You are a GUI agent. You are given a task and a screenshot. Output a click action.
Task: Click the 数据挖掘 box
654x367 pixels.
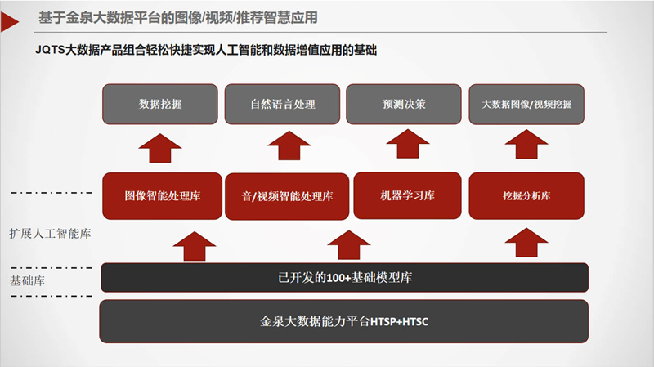[x=160, y=105]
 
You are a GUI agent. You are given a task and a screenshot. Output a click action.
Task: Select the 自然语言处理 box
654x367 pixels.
[x=282, y=105]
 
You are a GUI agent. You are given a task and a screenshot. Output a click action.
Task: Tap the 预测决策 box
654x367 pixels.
[x=403, y=105]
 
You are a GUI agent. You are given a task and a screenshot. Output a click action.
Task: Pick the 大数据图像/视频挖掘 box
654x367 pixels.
[x=526, y=105]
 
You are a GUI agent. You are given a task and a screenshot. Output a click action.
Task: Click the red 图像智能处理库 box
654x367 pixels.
[x=162, y=196]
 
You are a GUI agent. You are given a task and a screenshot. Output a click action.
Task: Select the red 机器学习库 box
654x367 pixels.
[x=406, y=196]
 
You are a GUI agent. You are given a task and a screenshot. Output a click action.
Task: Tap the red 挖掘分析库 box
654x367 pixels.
[x=526, y=196]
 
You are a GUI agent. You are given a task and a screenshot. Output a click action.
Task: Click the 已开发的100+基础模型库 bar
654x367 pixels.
[x=344, y=278]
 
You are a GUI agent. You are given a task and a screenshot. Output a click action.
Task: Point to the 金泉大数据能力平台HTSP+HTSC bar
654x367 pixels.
[x=344, y=321]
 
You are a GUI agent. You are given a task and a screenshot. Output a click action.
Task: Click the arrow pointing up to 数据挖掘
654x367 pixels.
[x=160, y=147]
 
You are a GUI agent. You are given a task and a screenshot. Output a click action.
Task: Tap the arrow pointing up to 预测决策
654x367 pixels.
[x=406, y=147]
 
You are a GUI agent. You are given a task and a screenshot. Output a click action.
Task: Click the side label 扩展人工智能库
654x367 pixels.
[x=50, y=234]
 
